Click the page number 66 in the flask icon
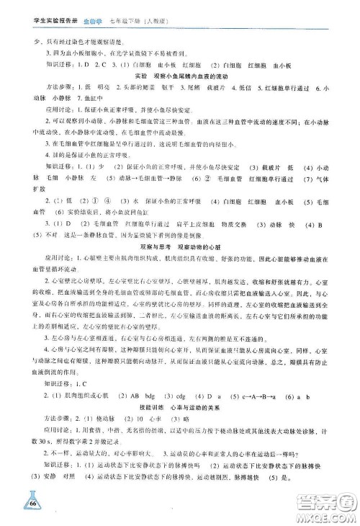point(30,502)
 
